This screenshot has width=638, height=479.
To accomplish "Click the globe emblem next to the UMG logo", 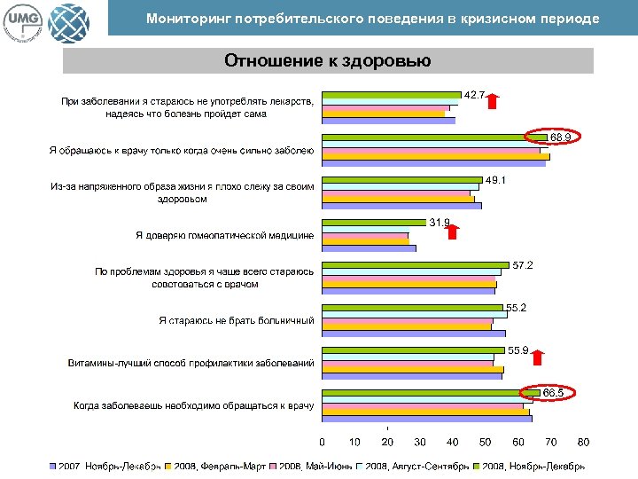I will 68,20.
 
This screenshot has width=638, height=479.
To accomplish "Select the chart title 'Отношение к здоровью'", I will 328,60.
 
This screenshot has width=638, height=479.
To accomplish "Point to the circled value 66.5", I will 554,391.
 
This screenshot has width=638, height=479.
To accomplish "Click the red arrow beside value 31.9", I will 453,232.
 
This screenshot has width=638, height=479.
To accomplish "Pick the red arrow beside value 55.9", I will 538,357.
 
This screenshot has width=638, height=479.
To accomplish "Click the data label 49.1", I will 495,180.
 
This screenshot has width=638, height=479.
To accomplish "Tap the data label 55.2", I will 517,308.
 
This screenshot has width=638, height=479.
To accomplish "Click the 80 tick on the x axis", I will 583,442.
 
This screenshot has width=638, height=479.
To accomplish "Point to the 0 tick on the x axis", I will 322,442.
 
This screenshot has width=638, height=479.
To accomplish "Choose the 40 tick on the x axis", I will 453,442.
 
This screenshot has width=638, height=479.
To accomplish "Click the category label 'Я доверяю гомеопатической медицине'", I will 225,236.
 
